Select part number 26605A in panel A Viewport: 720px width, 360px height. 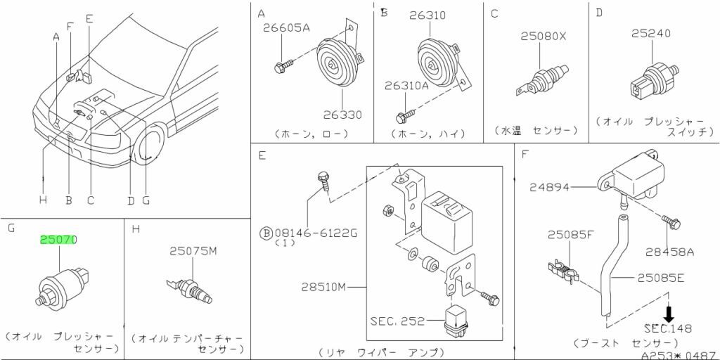point(285,29)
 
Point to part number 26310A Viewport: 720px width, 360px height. point(406,86)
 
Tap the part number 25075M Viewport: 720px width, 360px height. point(193,251)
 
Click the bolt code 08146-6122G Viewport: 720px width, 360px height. point(316,232)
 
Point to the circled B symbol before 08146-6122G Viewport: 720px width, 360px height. point(266,232)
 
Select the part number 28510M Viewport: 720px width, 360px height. point(326,287)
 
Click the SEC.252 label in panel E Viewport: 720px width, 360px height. point(397,321)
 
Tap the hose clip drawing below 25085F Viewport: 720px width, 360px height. point(562,271)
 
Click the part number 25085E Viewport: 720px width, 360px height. point(660,278)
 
